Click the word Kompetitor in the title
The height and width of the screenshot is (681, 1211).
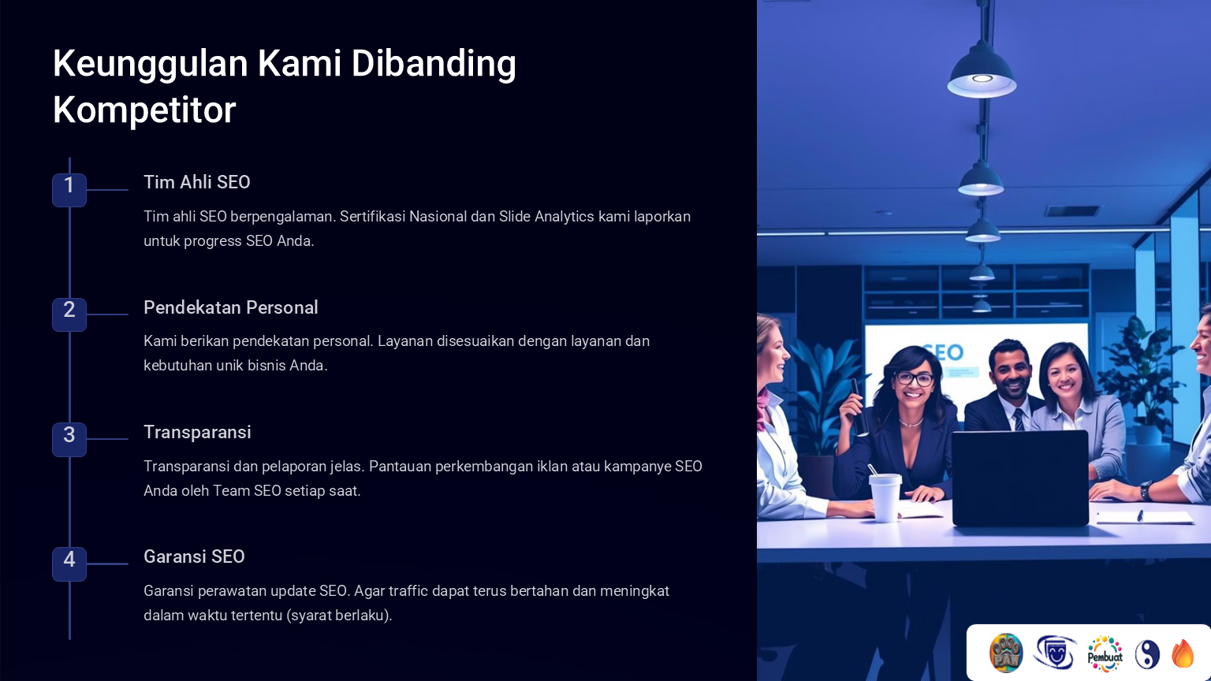pyautogui.click(x=144, y=110)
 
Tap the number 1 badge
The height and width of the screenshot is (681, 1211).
pyautogui.click(x=69, y=190)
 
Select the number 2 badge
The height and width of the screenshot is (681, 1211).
pyautogui.click(x=69, y=314)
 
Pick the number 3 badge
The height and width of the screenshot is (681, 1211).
pyautogui.click(x=69, y=439)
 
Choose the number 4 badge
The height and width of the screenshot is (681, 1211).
pyautogui.click(x=69, y=564)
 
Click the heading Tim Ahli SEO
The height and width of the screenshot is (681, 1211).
pyautogui.click(x=197, y=182)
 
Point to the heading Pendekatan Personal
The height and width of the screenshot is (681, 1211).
pyautogui.click(x=231, y=307)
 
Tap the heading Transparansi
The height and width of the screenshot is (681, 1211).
pyautogui.click(x=197, y=433)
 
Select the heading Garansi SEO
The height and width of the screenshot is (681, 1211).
pyautogui.click(x=194, y=556)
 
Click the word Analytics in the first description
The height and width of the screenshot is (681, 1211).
pyautogui.click(x=565, y=217)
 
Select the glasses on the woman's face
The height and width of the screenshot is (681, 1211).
pyautogui.click(x=915, y=379)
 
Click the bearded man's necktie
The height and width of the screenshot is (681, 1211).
pyautogui.click(x=1019, y=419)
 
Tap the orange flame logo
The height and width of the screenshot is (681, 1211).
pyautogui.click(x=1183, y=654)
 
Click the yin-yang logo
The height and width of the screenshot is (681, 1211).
pyautogui.click(x=1147, y=654)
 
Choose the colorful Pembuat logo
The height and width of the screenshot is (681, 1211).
pyautogui.click(x=1105, y=654)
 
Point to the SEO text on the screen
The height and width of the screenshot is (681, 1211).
pyautogui.click(x=944, y=352)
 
